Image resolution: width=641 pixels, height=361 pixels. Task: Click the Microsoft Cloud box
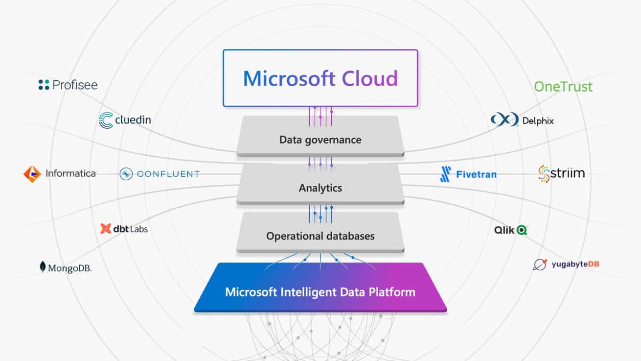(x=320, y=78)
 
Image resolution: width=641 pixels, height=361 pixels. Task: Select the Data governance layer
(x=320, y=140)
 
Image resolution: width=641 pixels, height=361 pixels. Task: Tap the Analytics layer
(x=320, y=188)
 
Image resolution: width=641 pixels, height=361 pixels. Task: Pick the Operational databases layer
(x=320, y=236)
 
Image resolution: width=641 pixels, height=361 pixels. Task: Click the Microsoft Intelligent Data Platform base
(x=320, y=292)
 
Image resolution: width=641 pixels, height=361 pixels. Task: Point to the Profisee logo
(x=68, y=85)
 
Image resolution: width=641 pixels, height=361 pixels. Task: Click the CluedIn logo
(x=125, y=120)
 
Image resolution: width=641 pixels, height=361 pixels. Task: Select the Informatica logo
(x=60, y=173)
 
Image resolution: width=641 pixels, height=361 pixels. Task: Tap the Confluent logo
(x=160, y=173)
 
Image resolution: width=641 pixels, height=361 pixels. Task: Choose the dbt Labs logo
(x=124, y=229)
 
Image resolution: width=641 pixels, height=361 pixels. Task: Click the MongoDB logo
(x=66, y=267)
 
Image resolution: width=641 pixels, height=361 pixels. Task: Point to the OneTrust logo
(x=563, y=87)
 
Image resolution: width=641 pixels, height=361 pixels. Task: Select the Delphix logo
(x=522, y=120)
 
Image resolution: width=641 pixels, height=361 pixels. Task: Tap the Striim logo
(x=561, y=173)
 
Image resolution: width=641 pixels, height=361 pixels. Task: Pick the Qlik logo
(x=511, y=229)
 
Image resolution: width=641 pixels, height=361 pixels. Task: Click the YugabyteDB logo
(x=566, y=265)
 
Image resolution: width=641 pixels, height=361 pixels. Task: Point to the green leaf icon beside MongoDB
(x=43, y=267)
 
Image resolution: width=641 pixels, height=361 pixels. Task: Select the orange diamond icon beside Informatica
(x=32, y=174)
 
